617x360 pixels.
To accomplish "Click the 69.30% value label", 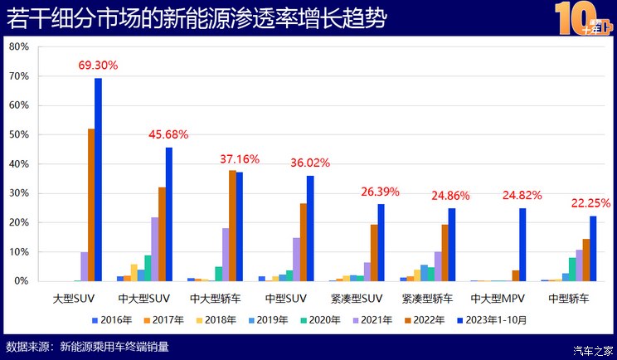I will [x=98, y=65].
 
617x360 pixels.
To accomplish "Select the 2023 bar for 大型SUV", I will [x=98, y=179].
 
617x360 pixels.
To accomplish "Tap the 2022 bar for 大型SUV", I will [x=91, y=205].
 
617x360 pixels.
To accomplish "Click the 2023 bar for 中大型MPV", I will [x=522, y=245].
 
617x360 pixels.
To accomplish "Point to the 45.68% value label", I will [x=168, y=134].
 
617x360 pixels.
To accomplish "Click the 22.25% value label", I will [x=590, y=203].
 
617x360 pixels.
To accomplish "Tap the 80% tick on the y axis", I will [x=18, y=47].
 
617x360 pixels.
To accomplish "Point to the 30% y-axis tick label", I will [x=18, y=193].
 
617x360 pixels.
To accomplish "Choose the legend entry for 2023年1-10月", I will [x=493, y=319].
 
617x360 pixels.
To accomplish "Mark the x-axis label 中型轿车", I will [x=570, y=298].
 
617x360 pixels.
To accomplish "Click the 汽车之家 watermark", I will [x=594, y=349].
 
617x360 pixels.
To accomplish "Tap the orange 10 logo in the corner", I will [x=581, y=18].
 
